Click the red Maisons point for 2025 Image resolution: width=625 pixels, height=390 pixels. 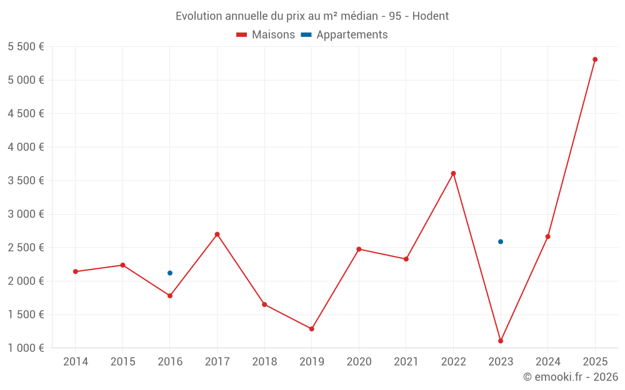tap(595, 60)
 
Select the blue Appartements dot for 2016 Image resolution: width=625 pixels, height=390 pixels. tap(170, 273)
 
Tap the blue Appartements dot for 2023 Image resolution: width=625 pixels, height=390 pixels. tap(501, 241)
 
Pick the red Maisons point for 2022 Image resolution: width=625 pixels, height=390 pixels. tap(453, 173)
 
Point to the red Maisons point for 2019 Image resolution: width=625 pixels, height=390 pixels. tap(312, 329)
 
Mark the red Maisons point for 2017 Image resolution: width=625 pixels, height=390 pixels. tap(217, 235)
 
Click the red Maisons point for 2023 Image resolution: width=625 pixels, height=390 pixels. tap(501, 341)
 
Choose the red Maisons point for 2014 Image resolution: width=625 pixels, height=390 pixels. tap(76, 271)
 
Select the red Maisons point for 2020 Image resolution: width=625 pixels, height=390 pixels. tap(359, 249)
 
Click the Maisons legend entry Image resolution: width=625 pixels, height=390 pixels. tap(266, 35)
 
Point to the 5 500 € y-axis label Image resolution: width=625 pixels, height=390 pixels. tap(26, 47)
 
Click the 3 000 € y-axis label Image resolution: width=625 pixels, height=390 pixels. tap(26, 214)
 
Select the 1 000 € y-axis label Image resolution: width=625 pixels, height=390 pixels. tap(26, 348)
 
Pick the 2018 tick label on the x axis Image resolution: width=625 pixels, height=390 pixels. tap(264, 362)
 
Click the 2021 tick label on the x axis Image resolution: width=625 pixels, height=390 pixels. tap(406, 362)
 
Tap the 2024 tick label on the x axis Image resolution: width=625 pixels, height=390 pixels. tap(547, 362)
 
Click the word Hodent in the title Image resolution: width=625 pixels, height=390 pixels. tap(431, 16)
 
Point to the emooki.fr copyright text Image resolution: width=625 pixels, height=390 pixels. tap(571, 377)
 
